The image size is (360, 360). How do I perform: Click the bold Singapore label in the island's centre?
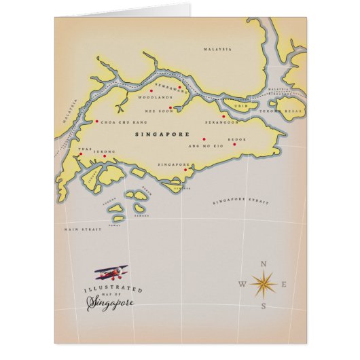162,134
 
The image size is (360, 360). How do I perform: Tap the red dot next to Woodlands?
150,90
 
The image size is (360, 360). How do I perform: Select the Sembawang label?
170,89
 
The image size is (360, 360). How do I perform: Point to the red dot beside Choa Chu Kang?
96,123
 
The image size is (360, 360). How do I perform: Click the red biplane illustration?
111,274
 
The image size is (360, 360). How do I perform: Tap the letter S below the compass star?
264,306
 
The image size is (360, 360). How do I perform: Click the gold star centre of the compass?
263,283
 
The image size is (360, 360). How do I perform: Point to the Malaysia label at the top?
217,50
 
